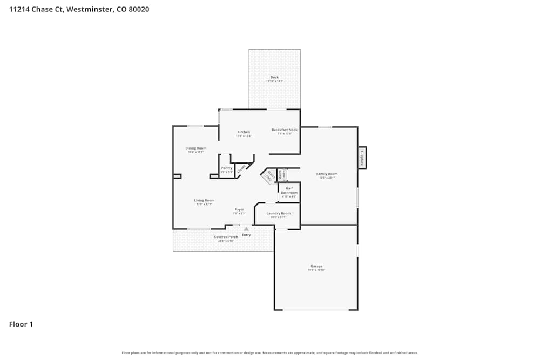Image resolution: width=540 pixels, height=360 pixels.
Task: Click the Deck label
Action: [x=274, y=78]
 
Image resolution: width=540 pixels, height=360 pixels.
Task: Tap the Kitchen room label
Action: [x=244, y=132]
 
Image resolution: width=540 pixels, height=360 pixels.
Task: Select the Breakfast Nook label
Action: [x=285, y=130]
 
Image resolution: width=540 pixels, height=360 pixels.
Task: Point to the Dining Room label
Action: [x=195, y=148]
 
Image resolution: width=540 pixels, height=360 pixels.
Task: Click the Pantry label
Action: [x=227, y=168]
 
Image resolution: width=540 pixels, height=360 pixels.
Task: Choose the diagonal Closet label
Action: [x=241, y=168]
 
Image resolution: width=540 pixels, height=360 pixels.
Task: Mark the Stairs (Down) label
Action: [x=281, y=175]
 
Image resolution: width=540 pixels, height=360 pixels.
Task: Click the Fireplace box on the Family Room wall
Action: [x=362, y=158]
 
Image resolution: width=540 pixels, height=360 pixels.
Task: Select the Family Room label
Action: [x=327, y=174]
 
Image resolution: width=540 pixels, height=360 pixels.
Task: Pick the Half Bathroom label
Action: [x=289, y=191]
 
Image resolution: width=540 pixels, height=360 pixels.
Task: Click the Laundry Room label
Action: [x=279, y=213]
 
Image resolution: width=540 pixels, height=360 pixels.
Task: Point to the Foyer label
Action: [x=239, y=209]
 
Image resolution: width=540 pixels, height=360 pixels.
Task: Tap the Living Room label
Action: [x=204, y=200]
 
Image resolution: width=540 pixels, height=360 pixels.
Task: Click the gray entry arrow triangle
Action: [x=246, y=229]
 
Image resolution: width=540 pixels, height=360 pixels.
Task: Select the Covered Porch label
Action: [x=226, y=237]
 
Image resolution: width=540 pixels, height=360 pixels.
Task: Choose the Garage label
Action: [x=316, y=266]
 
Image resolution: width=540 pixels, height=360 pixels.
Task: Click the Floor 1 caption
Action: [x=21, y=324]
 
